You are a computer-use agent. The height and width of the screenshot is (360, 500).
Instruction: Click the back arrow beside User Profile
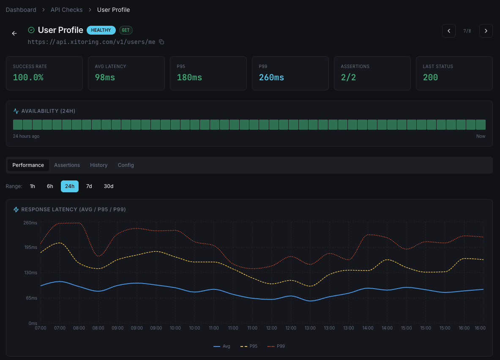pos(14,33)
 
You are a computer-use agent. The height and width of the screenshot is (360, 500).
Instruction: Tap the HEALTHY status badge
pos(101,30)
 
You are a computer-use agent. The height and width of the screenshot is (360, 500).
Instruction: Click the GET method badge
pos(126,30)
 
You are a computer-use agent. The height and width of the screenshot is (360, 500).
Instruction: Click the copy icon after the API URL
pos(161,42)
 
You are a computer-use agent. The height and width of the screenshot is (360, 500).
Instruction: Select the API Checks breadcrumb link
pos(66,10)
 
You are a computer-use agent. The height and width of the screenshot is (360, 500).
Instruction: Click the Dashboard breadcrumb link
pos(21,10)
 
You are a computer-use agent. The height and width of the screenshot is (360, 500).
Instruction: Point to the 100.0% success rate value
pos(28,77)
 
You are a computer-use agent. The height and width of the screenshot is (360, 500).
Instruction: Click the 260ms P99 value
pos(271,77)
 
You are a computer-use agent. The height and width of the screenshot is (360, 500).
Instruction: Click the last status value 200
pos(430,77)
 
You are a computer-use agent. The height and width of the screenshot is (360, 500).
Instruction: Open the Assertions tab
pos(67,165)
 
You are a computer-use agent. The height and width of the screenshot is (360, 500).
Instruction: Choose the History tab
pos(98,165)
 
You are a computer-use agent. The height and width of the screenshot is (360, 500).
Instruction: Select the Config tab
pos(126,165)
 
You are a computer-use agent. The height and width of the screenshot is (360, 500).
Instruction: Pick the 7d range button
pos(89,186)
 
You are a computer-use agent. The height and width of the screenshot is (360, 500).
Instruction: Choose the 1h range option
pos(33,186)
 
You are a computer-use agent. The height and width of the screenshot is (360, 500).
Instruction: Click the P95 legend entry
pos(249,346)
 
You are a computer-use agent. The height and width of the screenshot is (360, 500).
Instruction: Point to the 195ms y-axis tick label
pos(30,248)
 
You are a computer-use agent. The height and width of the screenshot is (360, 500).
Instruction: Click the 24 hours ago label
pos(26,136)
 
